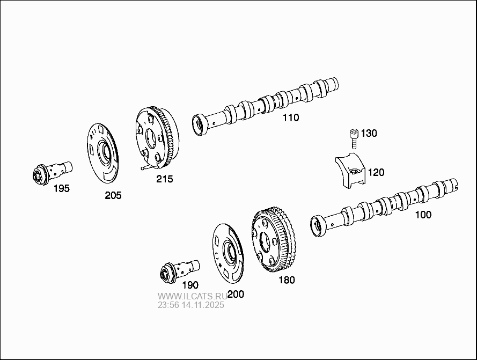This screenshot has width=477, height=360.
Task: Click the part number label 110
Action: (291, 117)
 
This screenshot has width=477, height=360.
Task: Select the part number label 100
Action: (423, 215)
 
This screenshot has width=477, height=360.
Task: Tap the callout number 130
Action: (369, 133)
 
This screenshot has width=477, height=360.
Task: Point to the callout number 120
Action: (376, 172)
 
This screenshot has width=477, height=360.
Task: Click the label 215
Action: (164, 179)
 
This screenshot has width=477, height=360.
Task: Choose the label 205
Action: (113, 195)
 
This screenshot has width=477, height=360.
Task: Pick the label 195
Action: (61, 188)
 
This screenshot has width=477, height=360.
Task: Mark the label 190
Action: (189, 285)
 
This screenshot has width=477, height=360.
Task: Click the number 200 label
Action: (236, 294)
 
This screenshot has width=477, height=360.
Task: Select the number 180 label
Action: (286, 280)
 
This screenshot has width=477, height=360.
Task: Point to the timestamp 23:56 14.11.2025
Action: (190, 305)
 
